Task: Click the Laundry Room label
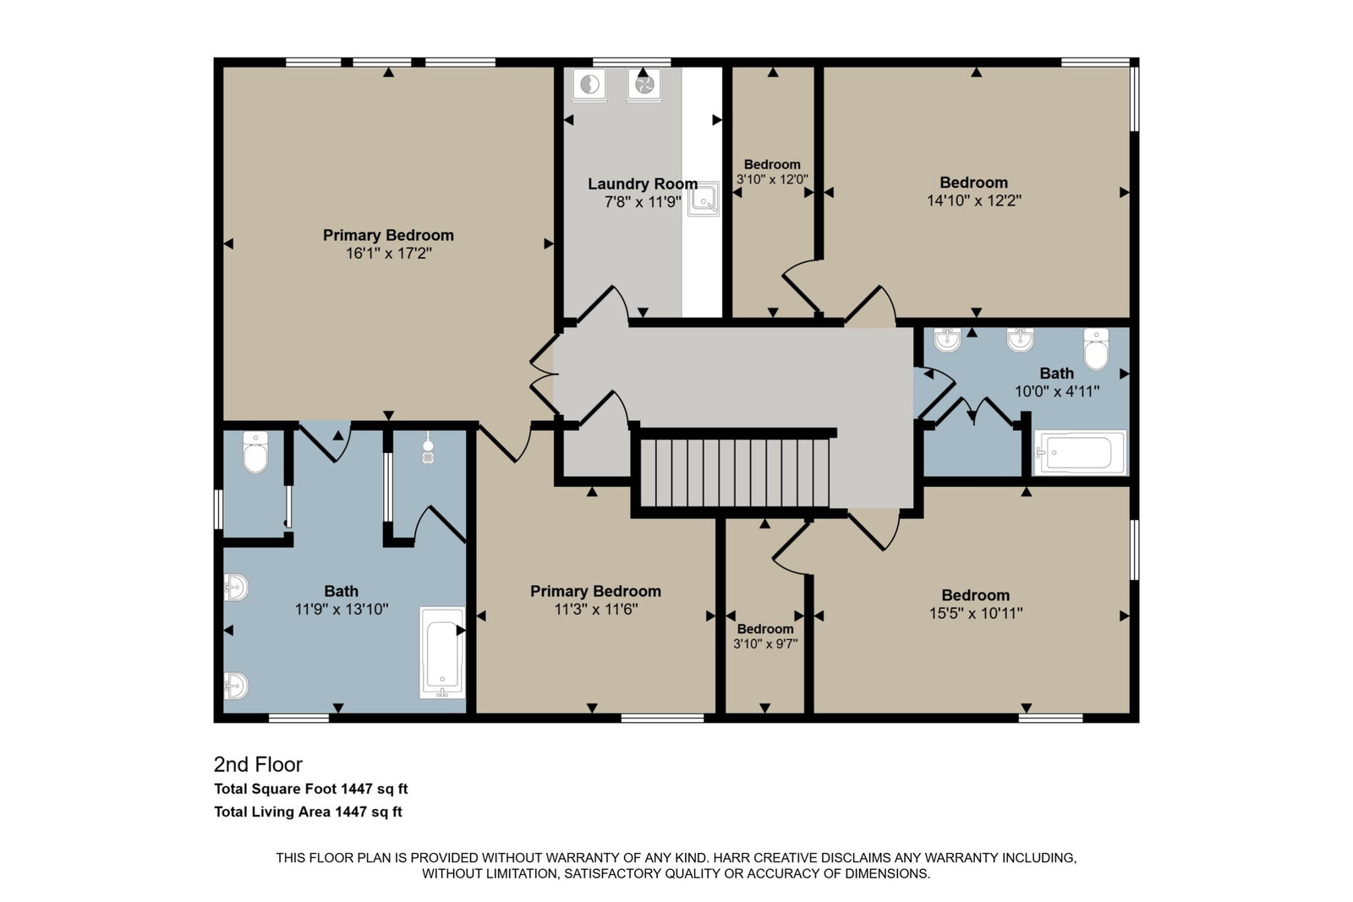click(x=643, y=183)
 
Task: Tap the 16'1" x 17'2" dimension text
click(x=388, y=253)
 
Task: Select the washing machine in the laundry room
click(x=589, y=85)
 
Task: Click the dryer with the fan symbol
click(x=644, y=84)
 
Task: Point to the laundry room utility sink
click(x=703, y=199)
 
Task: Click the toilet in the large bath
click(x=255, y=452)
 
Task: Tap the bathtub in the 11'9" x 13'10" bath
click(x=442, y=653)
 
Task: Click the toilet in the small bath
click(x=1096, y=349)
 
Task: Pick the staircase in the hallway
click(x=735, y=473)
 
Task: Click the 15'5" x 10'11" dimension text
click(x=976, y=614)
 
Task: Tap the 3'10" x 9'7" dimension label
click(x=765, y=644)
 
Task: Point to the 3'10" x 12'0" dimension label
click(x=772, y=179)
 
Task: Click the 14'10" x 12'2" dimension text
click(x=973, y=200)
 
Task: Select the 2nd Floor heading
click(x=258, y=764)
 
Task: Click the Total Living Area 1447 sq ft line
click(x=308, y=812)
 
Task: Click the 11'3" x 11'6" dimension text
click(x=595, y=610)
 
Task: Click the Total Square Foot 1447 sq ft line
click(x=311, y=789)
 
